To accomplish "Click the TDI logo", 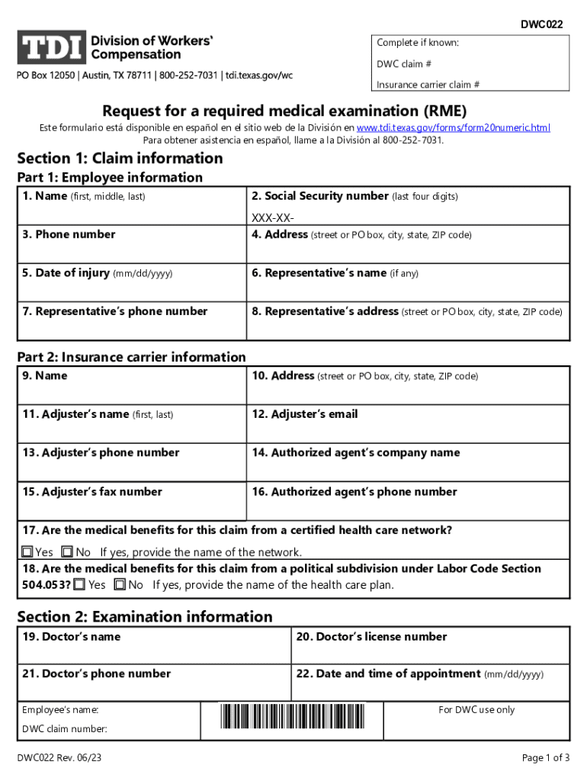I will (x=50, y=47).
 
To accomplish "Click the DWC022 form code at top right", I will (x=541, y=24).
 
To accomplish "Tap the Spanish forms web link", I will (x=453, y=128).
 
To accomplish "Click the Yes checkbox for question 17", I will (x=27, y=551).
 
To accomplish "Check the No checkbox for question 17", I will (x=67, y=551).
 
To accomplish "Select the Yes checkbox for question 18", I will (x=79, y=585).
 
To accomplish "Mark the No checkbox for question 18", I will (x=120, y=585).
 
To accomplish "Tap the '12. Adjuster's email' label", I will (x=305, y=414).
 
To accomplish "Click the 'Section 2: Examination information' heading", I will (x=145, y=616).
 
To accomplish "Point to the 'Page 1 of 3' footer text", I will (x=546, y=757).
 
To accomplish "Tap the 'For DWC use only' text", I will (x=476, y=710).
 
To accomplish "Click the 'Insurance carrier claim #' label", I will (x=428, y=85).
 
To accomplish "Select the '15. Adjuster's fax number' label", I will (x=92, y=492).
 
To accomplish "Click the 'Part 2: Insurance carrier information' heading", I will (x=132, y=357).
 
